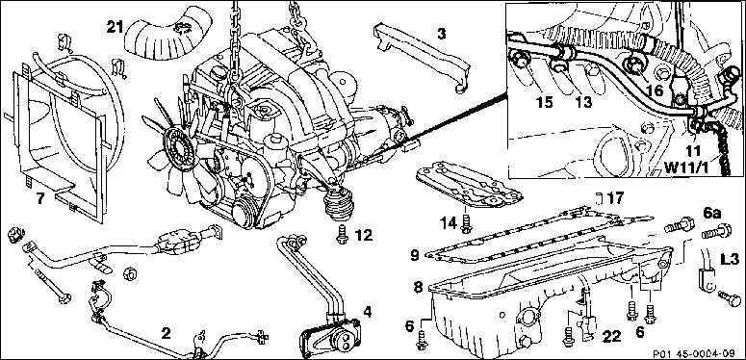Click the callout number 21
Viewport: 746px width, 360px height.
[115, 28]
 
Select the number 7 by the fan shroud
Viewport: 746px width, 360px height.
[40, 198]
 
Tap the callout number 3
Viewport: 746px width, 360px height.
[442, 35]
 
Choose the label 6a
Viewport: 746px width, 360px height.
[710, 214]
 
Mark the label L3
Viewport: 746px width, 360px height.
[729, 260]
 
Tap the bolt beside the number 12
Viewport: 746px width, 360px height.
[342, 235]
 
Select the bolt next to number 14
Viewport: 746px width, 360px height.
[466, 223]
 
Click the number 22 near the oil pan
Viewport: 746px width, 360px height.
[611, 337]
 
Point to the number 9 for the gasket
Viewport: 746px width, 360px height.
[415, 256]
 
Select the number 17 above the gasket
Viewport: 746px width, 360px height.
[615, 197]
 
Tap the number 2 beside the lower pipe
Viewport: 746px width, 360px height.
[166, 333]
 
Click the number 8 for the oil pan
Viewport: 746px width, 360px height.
[418, 287]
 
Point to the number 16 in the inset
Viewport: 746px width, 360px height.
[654, 90]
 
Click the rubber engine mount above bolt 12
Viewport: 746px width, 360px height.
[339, 203]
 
